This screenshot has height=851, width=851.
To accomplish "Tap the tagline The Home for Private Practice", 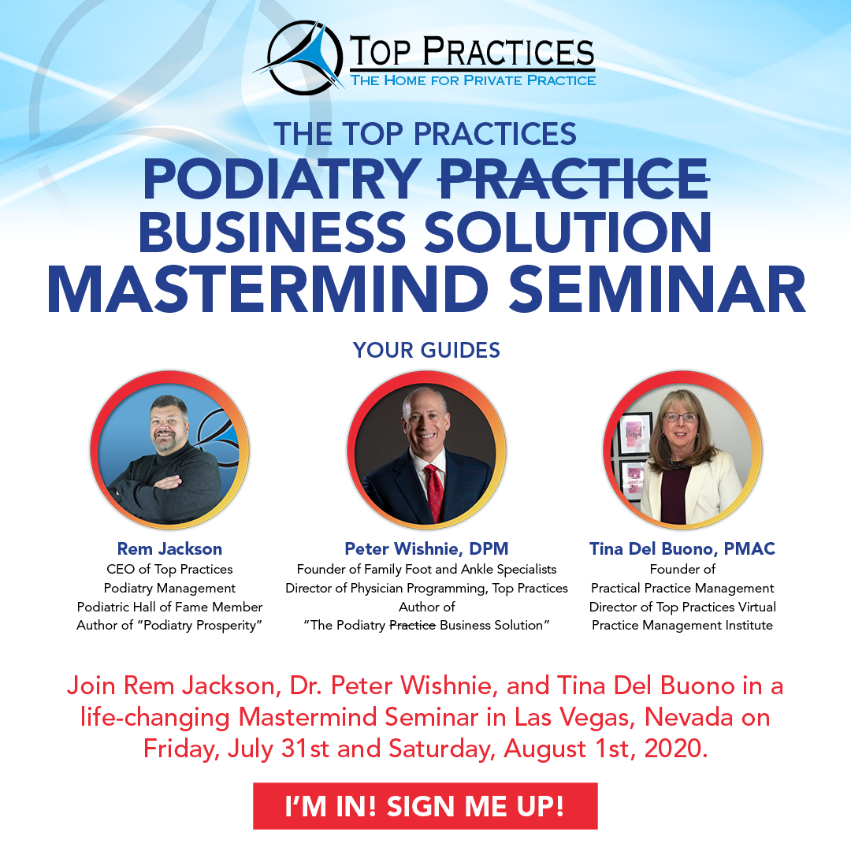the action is click(473, 80).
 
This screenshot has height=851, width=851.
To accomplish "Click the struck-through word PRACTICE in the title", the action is click(574, 179).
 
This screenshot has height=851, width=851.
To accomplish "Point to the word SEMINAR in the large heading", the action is click(657, 289).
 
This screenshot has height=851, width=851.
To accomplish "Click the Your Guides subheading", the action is click(426, 350).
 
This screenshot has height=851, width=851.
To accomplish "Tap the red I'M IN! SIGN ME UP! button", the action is click(425, 806).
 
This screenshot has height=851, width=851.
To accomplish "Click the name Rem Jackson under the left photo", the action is click(169, 548).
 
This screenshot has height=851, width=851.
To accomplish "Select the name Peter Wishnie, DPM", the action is click(426, 548).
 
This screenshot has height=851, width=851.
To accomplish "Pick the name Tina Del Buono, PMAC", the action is click(682, 548).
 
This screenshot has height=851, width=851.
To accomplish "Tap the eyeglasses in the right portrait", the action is click(680, 418).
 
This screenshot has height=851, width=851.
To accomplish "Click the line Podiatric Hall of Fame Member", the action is click(169, 607).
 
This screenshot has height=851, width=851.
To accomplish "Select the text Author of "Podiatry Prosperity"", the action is click(169, 625).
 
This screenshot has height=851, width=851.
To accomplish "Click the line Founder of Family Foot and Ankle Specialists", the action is click(426, 570).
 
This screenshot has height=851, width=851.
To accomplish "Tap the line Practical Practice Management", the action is click(682, 589).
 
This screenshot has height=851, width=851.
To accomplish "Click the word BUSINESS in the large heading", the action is click(273, 232).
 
